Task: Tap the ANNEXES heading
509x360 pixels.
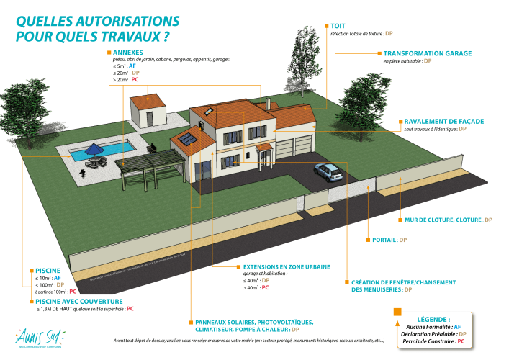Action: coord(128,52)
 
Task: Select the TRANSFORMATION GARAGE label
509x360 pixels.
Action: coord(427,53)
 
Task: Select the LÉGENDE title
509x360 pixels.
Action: coord(433,318)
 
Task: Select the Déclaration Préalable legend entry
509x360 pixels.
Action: coord(432,333)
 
